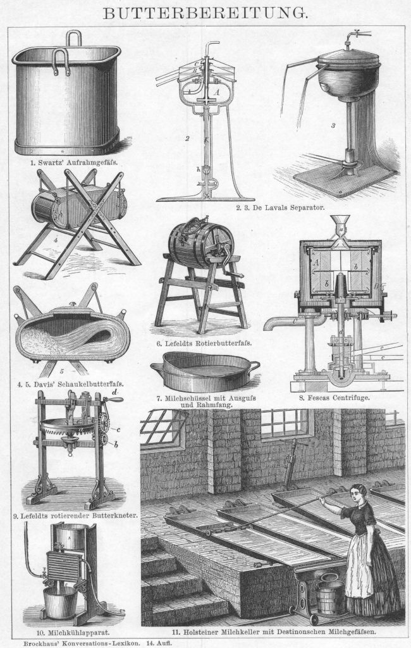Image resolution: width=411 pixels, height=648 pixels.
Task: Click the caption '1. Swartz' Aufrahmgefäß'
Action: point(78,163)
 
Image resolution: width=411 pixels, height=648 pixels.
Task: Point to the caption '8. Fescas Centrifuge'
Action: point(334,398)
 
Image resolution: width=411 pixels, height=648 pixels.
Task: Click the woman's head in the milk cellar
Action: point(358,493)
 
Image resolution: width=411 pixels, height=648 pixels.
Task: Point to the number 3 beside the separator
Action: point(333,125)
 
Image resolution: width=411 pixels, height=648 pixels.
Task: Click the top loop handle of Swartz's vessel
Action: point(73,38)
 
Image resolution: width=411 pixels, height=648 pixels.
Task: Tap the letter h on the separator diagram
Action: point(199,168)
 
